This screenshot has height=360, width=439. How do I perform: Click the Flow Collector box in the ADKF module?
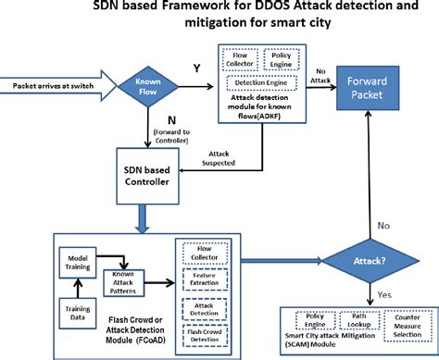[x=241, y=60]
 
